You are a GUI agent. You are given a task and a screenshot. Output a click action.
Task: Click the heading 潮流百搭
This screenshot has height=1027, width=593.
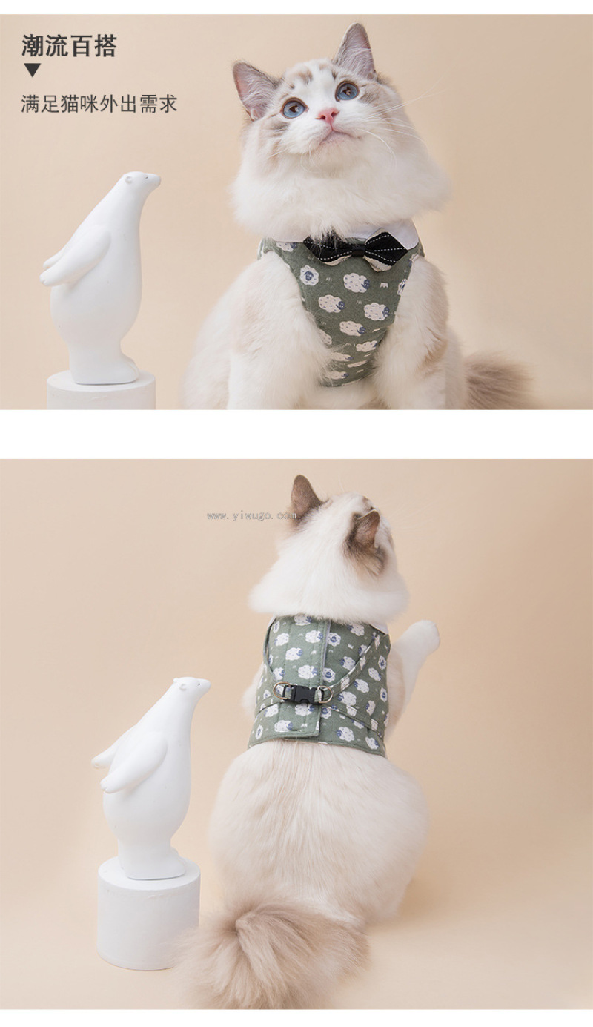click(x=69, y=46)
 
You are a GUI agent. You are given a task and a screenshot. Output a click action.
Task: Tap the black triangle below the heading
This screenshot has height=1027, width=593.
click(x=33, y=70)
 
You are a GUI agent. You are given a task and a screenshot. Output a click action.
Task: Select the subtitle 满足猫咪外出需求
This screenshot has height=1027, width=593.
click(x=99, y=104)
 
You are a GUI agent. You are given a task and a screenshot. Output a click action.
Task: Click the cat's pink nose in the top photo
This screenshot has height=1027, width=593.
click(x=328, y=115)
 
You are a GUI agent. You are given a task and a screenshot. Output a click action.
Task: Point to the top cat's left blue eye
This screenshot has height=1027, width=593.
click(x=294, y=108)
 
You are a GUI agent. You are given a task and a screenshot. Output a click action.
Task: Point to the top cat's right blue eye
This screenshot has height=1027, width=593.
click(x=347, y=90)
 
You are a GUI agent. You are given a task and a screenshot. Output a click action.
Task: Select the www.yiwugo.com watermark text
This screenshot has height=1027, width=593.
click(x=251, y=515)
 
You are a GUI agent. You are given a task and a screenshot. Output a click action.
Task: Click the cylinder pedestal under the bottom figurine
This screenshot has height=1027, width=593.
click(x=148, y=902)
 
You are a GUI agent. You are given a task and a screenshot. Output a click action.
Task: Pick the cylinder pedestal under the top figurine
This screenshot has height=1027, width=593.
click(x=102, y=390)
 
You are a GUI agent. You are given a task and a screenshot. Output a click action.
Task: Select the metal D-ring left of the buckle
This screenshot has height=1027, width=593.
click(x=279, y=689)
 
